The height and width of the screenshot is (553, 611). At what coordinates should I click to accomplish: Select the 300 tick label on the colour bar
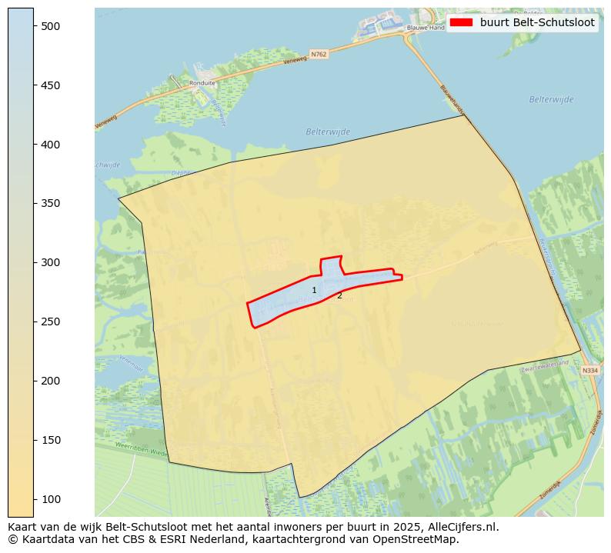point(50,263)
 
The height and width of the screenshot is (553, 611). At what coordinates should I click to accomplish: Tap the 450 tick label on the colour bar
point(50,85)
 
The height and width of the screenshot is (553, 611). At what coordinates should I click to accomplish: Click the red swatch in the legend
point(461,22)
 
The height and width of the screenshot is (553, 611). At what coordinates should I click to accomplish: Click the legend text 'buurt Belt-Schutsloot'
point(536,22)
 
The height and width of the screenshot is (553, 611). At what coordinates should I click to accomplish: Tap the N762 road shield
point(319,54)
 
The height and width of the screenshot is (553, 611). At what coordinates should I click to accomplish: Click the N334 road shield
point(589,371)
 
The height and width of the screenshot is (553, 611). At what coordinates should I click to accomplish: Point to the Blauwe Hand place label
point(426,28)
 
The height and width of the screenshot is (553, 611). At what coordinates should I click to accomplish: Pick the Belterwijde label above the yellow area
point(328,132)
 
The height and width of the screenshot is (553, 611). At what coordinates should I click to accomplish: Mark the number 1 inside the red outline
point(314,290)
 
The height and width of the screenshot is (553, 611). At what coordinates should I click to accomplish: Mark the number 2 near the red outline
point(339,295)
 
